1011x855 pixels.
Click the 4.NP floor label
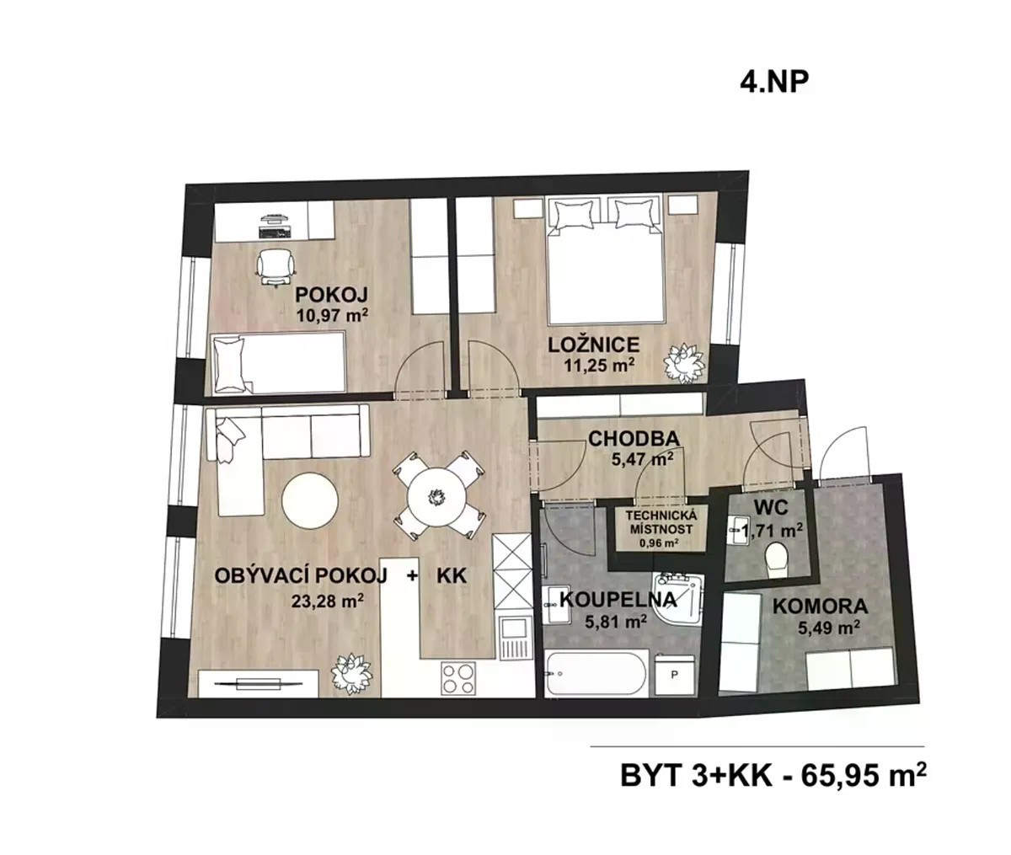coord(773,83)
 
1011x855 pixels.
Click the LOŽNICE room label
coord(593,345)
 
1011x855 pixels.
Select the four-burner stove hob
coord(458,678)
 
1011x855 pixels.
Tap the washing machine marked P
coord(674,676)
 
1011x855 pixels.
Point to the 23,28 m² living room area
coord(327,601)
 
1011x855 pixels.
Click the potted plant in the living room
coord(351,673)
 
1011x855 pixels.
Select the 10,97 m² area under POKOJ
coord(332,314)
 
